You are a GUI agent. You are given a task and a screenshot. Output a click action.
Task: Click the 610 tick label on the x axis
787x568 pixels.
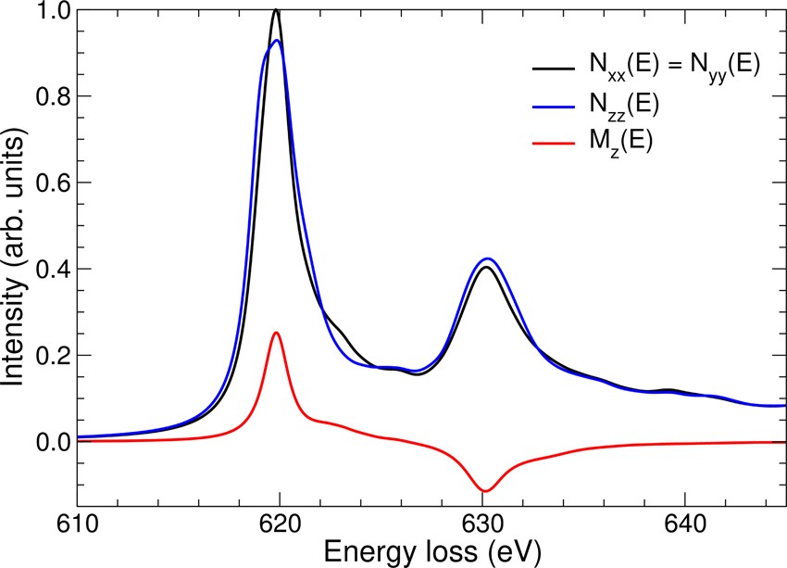coord(76,524)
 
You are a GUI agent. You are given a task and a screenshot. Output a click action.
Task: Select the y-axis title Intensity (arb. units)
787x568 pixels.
coord(15,269)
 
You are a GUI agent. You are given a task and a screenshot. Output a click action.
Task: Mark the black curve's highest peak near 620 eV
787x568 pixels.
coord(276,10)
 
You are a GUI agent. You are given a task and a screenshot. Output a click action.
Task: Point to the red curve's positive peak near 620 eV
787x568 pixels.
coord(276,332)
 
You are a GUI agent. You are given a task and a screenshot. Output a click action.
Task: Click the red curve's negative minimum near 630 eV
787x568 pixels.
coord(484,491)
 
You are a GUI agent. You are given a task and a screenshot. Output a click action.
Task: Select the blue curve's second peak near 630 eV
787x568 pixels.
coord(487,259)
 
